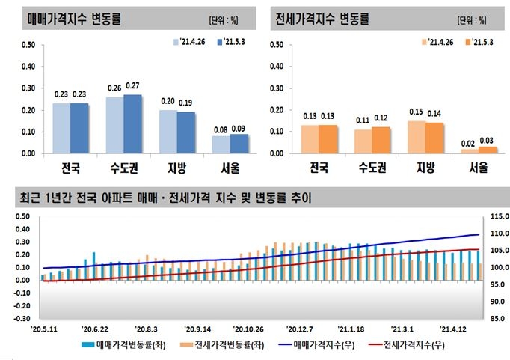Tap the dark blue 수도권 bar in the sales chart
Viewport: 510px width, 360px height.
click(x=133, y=123)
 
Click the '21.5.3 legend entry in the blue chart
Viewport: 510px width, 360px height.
click(x=231, y=43)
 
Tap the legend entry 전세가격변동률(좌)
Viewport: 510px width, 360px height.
click(x=220, y=345)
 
